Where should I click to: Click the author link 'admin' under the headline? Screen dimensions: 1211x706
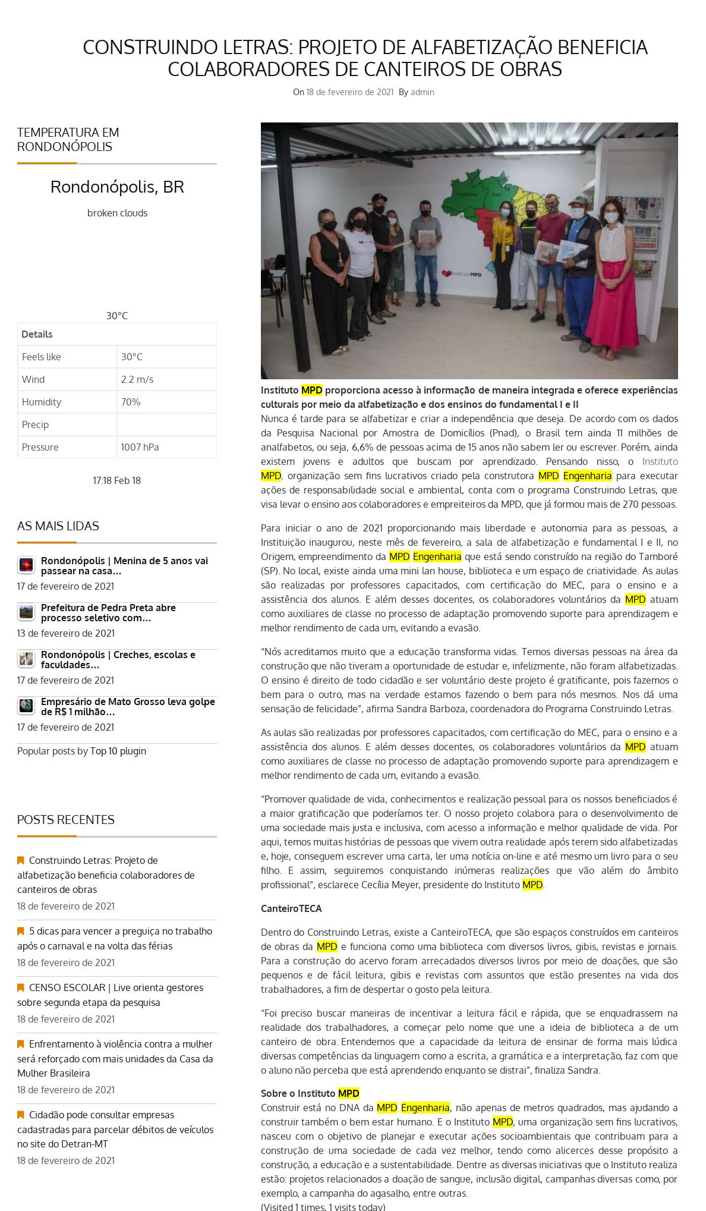pos(422,92)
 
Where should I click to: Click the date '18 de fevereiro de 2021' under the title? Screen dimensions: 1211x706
pos(349,92)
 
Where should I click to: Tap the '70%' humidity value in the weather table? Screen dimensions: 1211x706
pos(131,402)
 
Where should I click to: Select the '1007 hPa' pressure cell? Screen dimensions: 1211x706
pos(140,447)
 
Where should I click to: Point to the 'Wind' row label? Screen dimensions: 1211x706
pos(33,379)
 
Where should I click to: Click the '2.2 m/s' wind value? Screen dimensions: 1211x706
pos(137,379)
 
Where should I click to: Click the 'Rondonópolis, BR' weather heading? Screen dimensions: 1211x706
pos(117,187)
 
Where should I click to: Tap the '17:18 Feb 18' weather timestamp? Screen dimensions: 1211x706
pos(116,480)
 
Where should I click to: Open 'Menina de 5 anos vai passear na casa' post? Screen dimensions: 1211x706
pos(124,565)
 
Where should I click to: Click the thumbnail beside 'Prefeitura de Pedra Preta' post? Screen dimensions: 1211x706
pos(26,612)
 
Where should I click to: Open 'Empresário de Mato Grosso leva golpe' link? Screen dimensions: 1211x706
pos(128,706)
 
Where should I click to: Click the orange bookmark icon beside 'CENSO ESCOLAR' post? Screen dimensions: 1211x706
pos(21,987)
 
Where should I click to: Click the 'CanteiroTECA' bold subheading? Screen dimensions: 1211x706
pos(291,908)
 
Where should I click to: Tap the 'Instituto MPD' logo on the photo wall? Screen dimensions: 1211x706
pos(462,274)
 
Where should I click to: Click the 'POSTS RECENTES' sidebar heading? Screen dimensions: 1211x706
pos(66,819)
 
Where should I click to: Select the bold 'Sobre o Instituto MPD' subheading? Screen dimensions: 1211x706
pos(310,1093)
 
